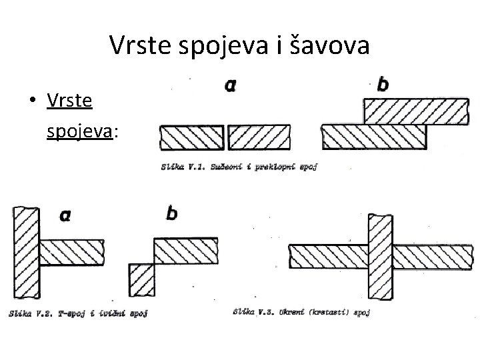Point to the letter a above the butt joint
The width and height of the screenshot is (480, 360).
tap(231, 85)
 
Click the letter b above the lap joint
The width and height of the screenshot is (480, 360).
tap(383, 84)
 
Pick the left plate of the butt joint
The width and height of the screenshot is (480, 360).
tap(192, 138)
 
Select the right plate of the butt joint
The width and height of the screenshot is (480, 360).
tap(259, 138)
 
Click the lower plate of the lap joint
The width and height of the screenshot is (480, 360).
tap(373, 138)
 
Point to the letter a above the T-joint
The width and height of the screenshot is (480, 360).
tap(65, 215)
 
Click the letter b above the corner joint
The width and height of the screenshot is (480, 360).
tap(171, 215)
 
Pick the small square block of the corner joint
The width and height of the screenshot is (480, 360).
tap(141, 279)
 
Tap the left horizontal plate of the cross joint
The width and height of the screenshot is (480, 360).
tap(327, 255)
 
